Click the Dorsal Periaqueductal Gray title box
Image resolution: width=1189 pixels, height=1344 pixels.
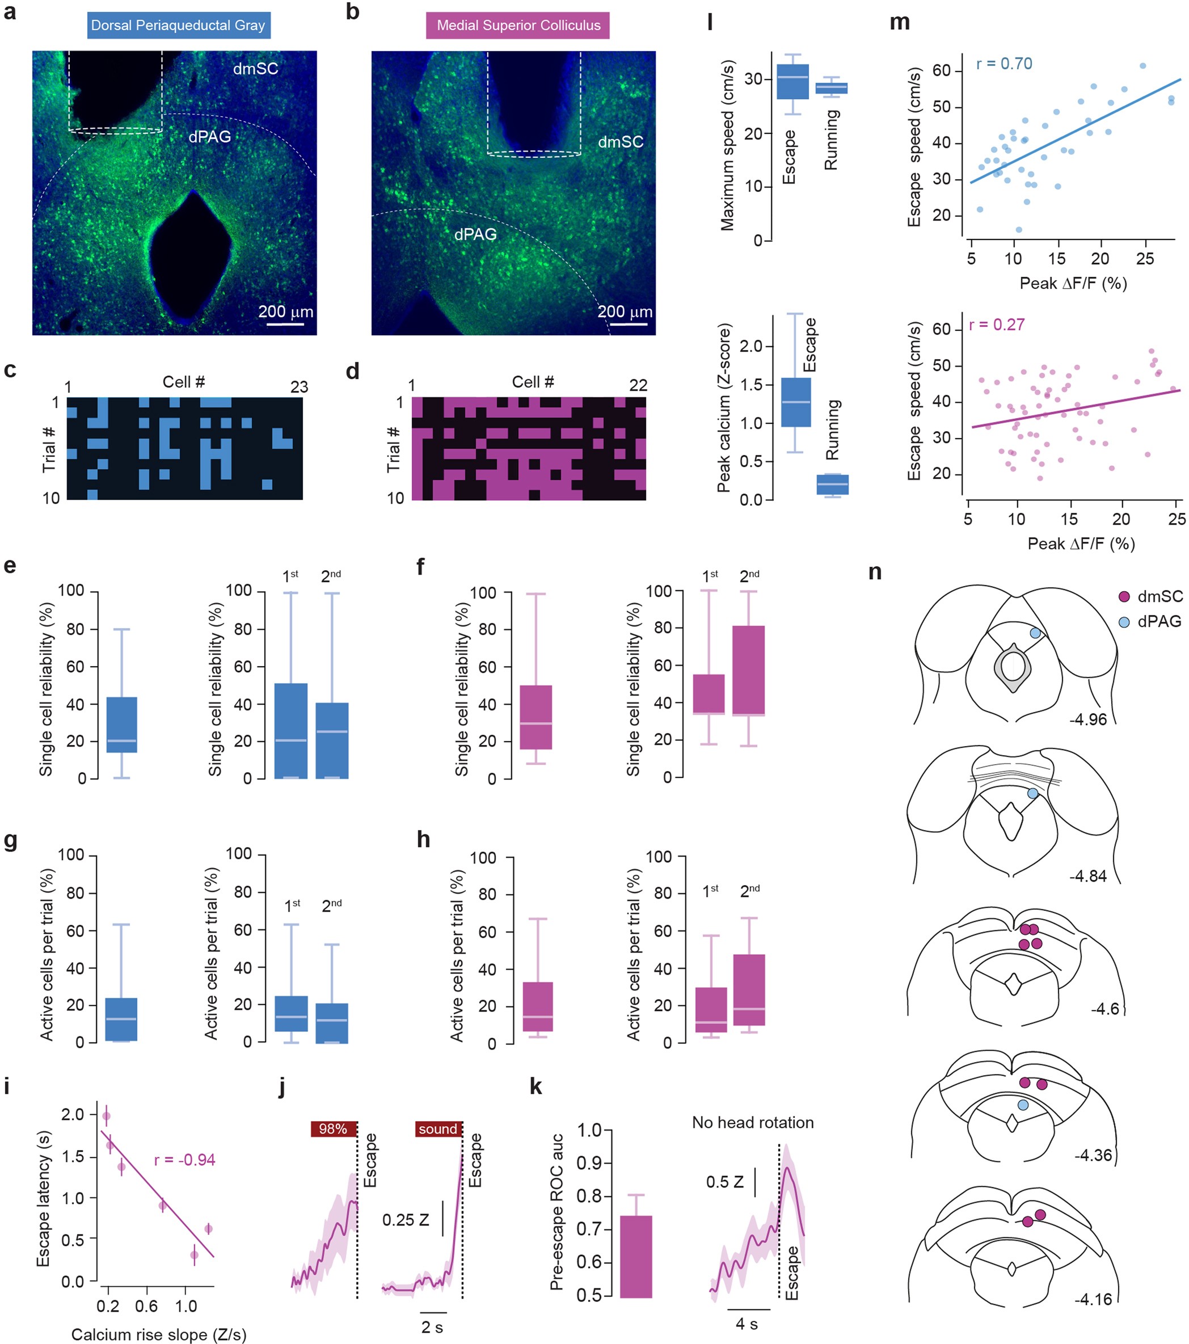[x=178, y=26]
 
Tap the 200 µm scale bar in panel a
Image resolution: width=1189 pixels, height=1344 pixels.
[x=285, y=323]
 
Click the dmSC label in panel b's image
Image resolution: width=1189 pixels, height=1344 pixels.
[x=620, y=141]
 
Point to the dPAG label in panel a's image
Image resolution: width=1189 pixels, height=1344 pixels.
[x=210, y=137]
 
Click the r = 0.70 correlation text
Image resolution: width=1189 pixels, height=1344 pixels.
[x=1004, y=64]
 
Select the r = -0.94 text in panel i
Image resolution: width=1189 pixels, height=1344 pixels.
[x=184, y=1159]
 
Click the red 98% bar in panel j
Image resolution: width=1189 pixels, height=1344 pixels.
[x=334, y=1129]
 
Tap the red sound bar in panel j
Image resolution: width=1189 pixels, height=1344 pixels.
[x=438, y=1129]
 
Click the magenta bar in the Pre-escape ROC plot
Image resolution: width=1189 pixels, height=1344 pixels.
[x=635, y=1257]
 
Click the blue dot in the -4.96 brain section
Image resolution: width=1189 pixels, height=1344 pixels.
[x=1035, y=633]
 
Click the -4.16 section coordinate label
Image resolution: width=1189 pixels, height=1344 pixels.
[x=1094, y=1299]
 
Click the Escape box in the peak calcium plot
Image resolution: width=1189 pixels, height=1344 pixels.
[x=795, y=402]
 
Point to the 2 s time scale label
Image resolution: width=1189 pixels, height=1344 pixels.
[x=432, y=1328]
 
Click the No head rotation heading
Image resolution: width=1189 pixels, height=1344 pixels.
[x=752, y=1122]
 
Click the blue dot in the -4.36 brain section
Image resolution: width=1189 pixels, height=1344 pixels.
[x=1023, y=1105]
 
